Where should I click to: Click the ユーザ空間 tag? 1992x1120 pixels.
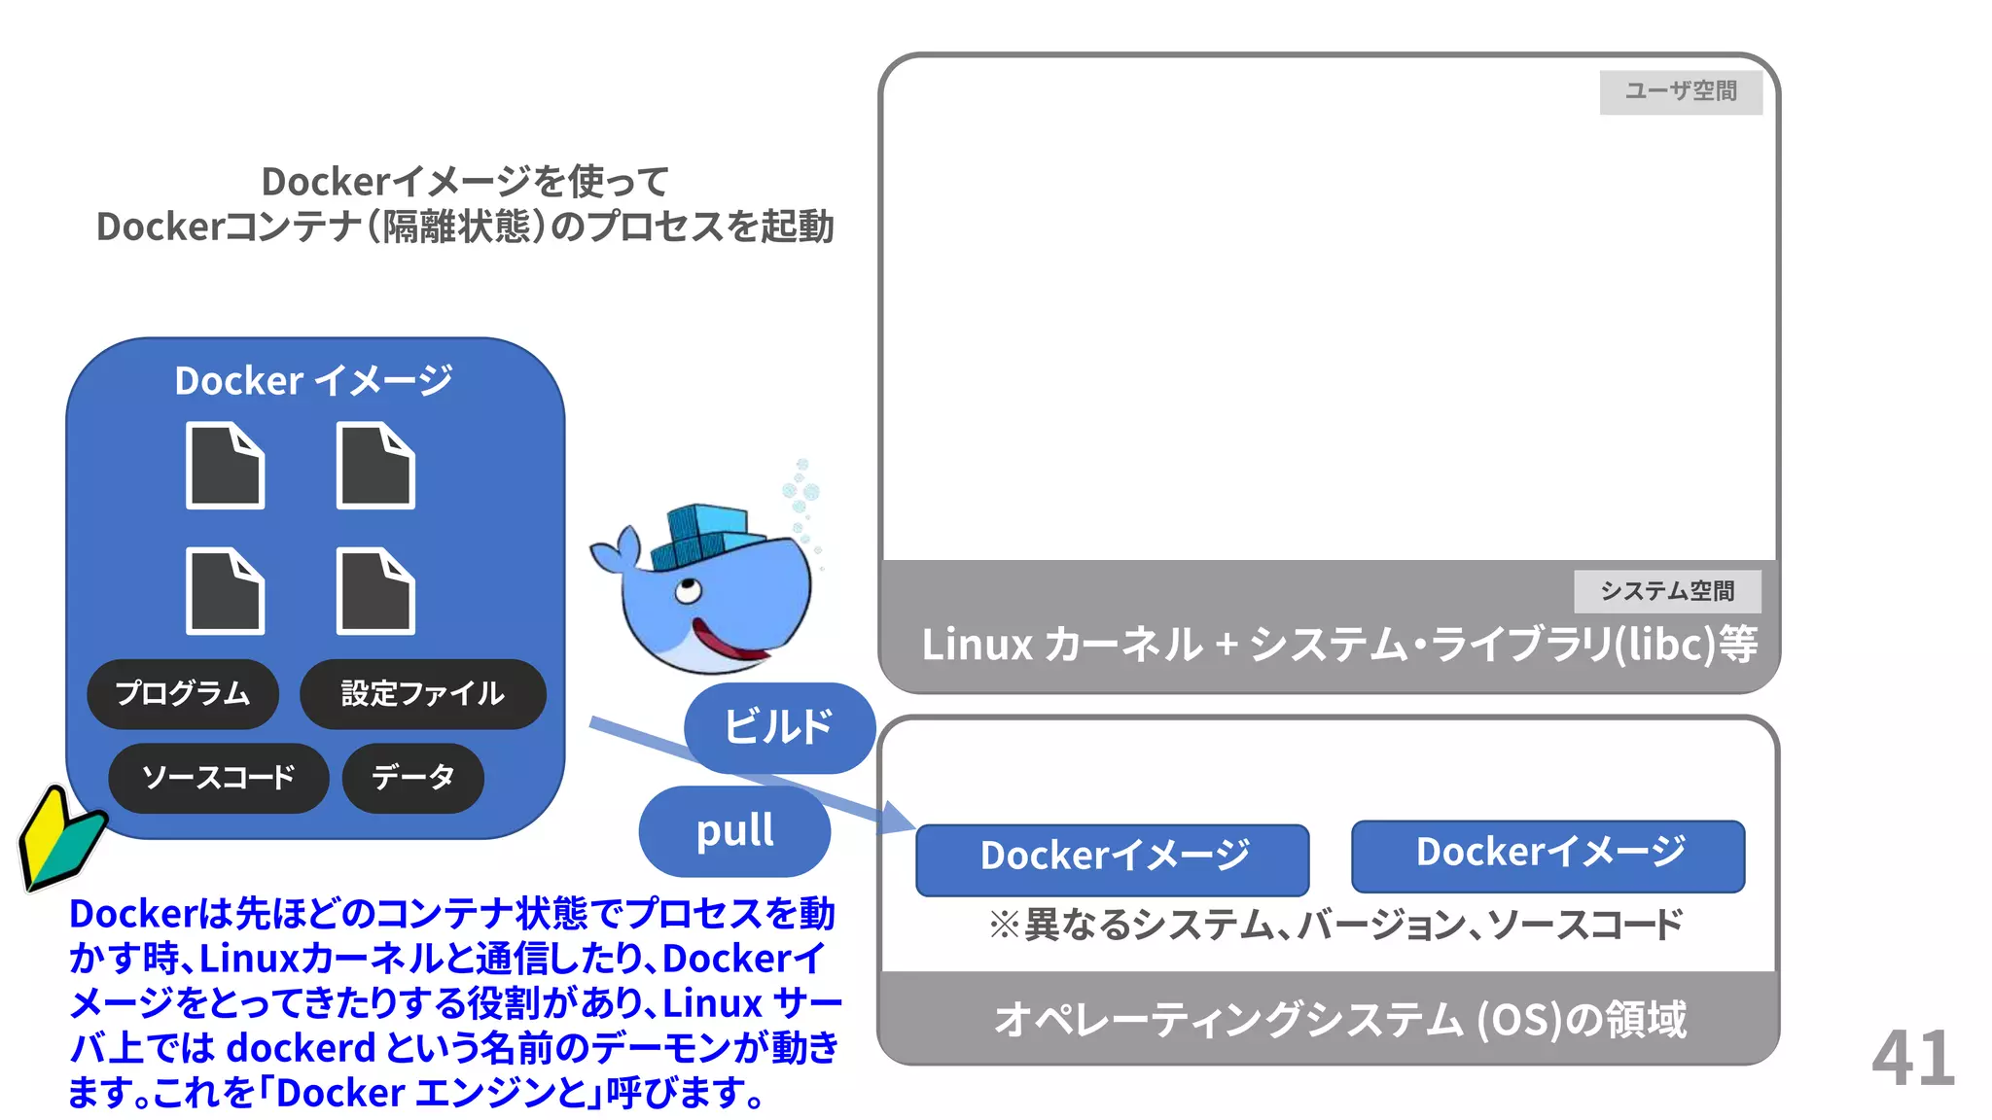(1680, 91)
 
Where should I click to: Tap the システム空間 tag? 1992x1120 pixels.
(1666, 590)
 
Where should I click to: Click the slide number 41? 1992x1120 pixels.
(1912, 1058)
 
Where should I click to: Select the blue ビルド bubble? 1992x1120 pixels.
(778, 727)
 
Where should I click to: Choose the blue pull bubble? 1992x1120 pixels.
(734, 831)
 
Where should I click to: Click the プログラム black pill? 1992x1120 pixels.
(183, 694)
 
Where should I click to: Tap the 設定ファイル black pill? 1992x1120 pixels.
(422, 694)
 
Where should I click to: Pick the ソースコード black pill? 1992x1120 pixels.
(218, 778)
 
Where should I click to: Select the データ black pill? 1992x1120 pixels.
(412, 778)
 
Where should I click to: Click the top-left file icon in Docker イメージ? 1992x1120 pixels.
(225, 466)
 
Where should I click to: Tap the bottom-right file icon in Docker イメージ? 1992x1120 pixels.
(375, 591)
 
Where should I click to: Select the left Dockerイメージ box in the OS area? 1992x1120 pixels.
(1112, 858)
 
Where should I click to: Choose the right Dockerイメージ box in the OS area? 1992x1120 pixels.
(1547, 856)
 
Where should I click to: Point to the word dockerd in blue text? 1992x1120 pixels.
(301, 1048)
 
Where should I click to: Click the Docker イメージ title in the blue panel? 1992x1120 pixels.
(313, 380)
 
